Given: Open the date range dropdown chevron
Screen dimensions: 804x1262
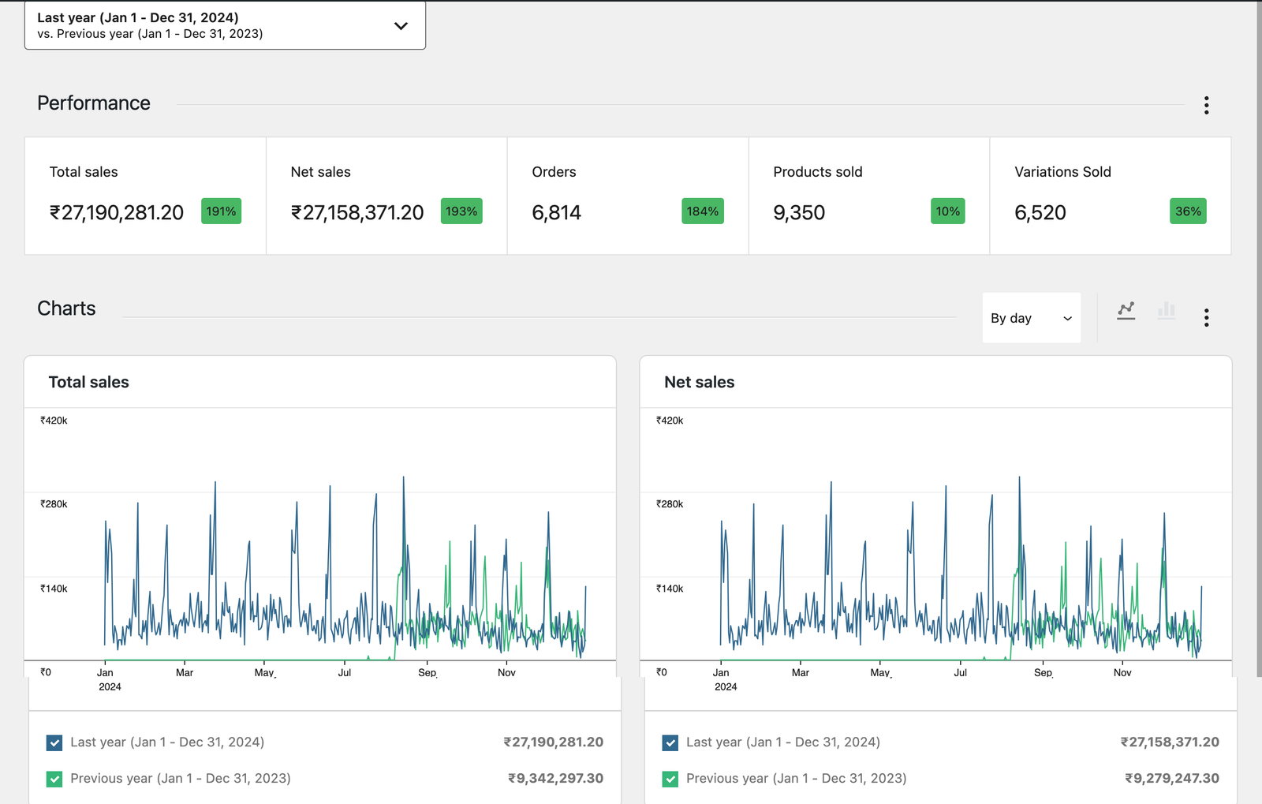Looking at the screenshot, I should click(401, 25).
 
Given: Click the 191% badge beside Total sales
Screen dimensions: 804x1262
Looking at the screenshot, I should click(221, 211).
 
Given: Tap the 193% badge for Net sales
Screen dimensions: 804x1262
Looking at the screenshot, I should click(461, 211).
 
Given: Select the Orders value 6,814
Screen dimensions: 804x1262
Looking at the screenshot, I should click(556, 213).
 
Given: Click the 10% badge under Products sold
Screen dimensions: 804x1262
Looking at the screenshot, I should click(947, 211).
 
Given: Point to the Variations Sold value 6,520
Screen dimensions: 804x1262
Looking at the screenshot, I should click(1040, 213).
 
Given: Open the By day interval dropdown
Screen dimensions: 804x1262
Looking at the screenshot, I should click(1031, 318).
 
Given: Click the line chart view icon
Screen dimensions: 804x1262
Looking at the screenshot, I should click(1126, 311).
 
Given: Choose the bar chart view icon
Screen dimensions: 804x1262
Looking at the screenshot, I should click(1166, 311).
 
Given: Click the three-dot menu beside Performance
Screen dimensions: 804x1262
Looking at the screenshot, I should click(1206, 105).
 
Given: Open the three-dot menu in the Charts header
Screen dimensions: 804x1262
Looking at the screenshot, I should click(1206, 317).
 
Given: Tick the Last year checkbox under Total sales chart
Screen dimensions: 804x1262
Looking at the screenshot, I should click(54, 742).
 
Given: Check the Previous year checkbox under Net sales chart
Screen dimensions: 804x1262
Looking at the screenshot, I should click(670, 779).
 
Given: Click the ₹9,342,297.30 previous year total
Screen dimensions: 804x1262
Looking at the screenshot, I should click(555, 778).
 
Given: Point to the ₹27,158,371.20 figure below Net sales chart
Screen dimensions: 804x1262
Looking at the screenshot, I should click(1170, 742).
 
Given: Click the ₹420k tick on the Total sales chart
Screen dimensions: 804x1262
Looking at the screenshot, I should click(54, 421).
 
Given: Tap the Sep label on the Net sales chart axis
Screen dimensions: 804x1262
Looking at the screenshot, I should click(1043, 672).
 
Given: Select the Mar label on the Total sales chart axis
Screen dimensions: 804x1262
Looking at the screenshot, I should click(185, 672).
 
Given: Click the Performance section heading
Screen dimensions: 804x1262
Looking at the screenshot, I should click(94, 103).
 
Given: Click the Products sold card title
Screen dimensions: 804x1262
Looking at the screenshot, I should click(817, 172).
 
